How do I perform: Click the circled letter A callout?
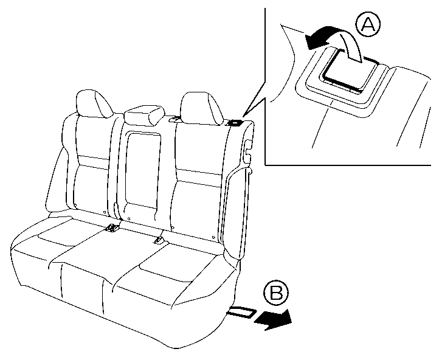point(368,25)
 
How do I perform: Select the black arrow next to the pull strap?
point(272,319)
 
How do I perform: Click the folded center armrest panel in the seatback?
point(143,171)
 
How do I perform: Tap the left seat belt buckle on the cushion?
point(112,228)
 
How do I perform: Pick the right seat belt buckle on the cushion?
point(159,240)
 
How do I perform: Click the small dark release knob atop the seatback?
point(235,123)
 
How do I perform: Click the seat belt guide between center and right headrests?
point(175,119)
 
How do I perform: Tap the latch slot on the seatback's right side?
point(247,151)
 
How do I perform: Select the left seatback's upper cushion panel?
point(92,137)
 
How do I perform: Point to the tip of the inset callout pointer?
point(243,116)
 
